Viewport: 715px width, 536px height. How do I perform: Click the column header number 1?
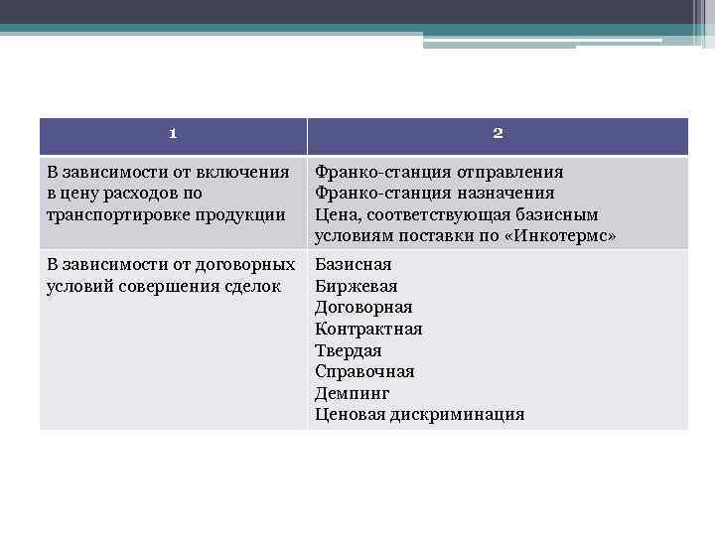tap(172, 134)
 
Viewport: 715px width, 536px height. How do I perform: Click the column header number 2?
tap(498, 134)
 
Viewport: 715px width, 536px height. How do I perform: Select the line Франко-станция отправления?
tap(439, 172)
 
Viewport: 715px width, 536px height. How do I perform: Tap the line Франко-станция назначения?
tap(434, 193)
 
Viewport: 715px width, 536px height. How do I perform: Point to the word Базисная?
tap(353, 264)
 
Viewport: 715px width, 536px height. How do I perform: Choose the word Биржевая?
tap(356, 286)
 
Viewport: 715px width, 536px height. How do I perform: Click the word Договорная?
tap(362, 308)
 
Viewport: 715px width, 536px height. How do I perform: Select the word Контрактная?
tap(368, 329)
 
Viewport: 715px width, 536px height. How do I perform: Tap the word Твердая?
tap(348, 350)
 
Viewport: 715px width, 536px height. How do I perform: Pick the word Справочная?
tap(364, 371)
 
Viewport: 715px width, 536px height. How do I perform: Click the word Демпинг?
tap(352, 393)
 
